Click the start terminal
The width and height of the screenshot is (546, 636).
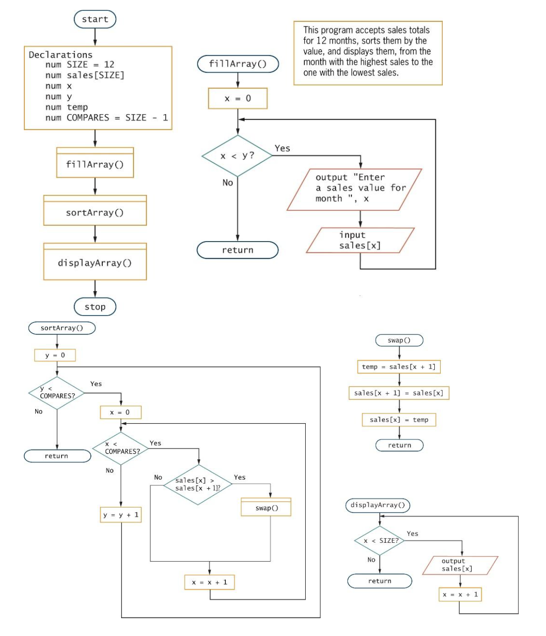point(95,19)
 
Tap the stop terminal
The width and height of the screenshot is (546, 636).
point(95,307)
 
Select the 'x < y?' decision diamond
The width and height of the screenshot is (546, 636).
point(237,156)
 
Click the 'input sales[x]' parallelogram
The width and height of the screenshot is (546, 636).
point(360,241)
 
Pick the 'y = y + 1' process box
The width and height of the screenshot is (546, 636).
point(121,515)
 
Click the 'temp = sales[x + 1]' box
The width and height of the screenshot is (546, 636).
point(399,367)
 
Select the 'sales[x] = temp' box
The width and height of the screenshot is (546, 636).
point(399,420)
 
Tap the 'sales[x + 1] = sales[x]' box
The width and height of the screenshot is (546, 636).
point(399,393)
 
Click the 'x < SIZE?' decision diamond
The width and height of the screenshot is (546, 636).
point(380,541)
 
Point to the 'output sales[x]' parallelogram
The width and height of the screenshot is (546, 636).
point(460,565)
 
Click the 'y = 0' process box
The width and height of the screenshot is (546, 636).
point(55,355)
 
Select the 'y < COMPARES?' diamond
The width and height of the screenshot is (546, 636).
point(57,393)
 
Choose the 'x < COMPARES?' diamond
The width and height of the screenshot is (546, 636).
point(121,448)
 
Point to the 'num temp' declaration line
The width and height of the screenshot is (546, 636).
point(67,107)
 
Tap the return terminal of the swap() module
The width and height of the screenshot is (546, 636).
point(399,445)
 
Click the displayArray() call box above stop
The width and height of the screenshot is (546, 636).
point(95,263)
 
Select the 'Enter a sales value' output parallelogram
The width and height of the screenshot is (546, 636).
point(354,189)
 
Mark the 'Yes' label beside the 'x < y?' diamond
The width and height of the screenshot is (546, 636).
point(282,148)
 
